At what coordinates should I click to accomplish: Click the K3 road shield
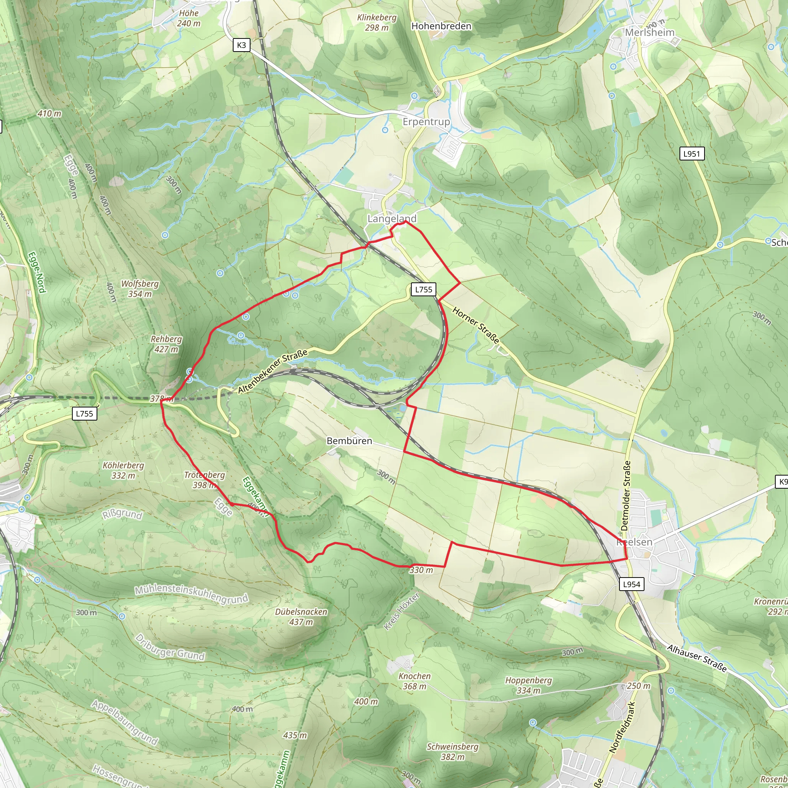click(x=242, y=45)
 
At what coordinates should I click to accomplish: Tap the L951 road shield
click(x=691, y=154)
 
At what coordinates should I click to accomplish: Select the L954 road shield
click(x=631, y=584)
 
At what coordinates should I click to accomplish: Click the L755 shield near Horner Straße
click(x=423, y=290)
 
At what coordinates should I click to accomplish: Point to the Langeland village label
click(x=392, y=219)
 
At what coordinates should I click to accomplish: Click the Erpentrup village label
click(x=426, y=122)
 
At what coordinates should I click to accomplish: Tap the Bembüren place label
click(x=349, y=441)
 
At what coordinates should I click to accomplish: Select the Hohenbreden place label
click(x=441, y=26)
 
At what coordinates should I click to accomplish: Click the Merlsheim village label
click(x=650, y=33)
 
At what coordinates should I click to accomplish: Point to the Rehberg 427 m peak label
click(x=166, y=344)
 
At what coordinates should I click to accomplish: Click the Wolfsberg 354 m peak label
click(x=140, y=289)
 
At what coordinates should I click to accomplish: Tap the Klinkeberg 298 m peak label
click(x=377, y=23)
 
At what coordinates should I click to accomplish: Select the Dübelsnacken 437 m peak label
click(x=301, y=617)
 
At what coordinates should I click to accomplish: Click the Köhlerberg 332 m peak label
click(x=123, y=470)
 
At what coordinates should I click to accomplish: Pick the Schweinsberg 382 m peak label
click(x=452, y=752)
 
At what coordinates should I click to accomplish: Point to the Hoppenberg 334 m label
click(x=528, y=685)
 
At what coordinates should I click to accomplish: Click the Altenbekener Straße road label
click(x=272, y=372)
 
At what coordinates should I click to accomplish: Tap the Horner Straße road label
click(x=476, y=326)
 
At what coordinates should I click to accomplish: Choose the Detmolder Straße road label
click(x=626, y=496)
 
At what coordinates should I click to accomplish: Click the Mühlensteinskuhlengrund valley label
click(x=191, y=595)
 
